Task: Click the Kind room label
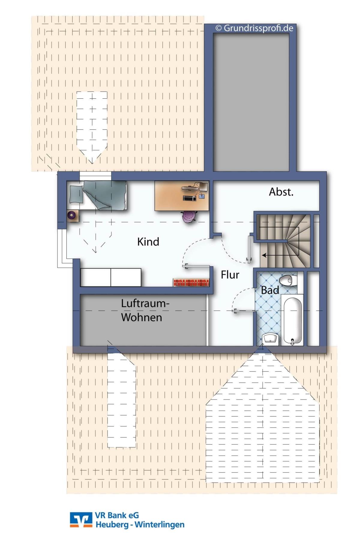pos(148,242)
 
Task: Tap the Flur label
pos(230,275)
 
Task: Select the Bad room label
pos(270,290)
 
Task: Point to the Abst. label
pos(281,192)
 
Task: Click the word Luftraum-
pos(145,303)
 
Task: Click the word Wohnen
pos(142,317)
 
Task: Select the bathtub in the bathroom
pos(292,320)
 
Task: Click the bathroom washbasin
pos(271,339)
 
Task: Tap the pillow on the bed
pos(76,195)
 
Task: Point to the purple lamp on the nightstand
pos(72,215)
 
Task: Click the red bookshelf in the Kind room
pos(191,282)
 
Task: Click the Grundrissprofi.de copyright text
pos(254,28)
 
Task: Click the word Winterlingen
pos(159,525)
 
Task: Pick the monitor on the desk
pos(204,186)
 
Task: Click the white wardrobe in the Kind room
pos(111,277)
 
